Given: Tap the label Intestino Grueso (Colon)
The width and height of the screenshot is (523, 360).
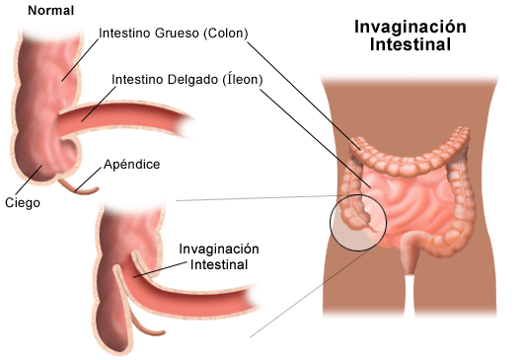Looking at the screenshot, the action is (173, 33).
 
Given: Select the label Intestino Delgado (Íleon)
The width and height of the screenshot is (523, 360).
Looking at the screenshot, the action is (187, 79).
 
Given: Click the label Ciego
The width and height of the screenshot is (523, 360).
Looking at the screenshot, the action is (22, 203).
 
